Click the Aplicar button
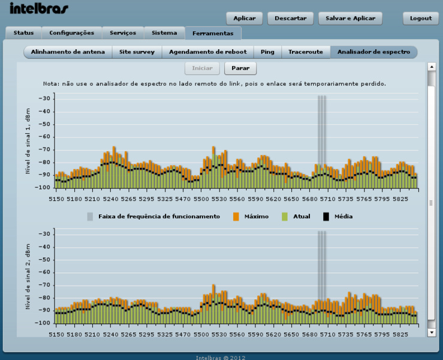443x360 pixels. coord(244,19)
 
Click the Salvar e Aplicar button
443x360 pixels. coord(350,19)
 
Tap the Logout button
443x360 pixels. coord(421,19)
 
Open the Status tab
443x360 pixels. coord(23,33)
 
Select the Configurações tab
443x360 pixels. coord(72,33)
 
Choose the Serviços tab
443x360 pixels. coord(123,33)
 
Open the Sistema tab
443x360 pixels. coord(164,33)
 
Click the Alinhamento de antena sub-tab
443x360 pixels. coord(68,52)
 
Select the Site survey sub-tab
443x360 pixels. coord(137,52)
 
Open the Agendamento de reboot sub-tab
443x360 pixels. coord(207,52)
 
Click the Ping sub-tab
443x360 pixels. coord(267,52)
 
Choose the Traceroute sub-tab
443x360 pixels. coord(305,52)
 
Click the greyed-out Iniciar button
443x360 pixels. coord(202,68)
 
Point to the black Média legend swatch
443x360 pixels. coord(327,216)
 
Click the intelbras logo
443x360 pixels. coord(39,8)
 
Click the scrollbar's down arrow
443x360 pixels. coord(431,332)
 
